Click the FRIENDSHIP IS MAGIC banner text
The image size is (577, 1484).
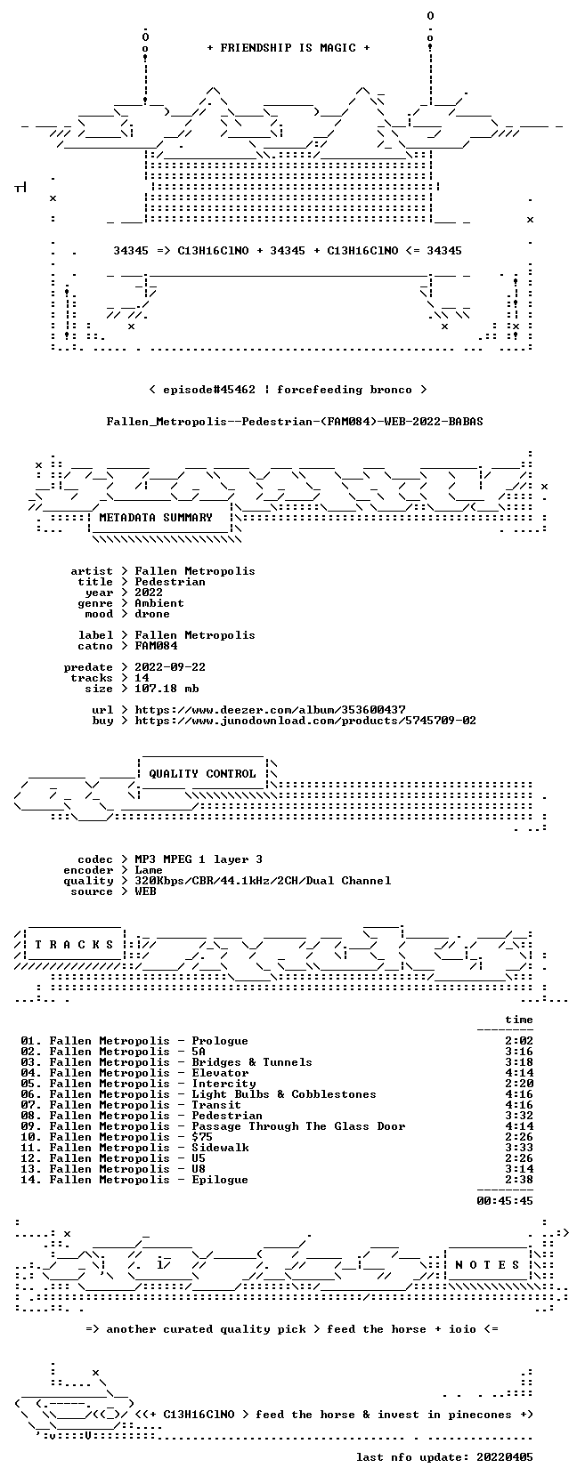288,48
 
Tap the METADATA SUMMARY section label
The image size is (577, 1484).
156,518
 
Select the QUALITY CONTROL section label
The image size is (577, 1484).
202,774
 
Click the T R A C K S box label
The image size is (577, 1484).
74,945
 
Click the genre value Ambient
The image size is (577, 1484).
159,603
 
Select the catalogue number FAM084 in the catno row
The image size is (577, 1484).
156,646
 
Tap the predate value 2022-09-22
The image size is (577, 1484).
170,667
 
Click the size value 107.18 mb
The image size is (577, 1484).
167,689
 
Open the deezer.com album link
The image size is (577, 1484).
270,710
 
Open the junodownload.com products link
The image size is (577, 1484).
305,721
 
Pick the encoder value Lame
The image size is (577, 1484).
149,870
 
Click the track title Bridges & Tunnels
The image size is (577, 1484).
252,1062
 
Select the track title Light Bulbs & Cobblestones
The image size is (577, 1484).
284,1094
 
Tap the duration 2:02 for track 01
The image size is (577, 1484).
518,1042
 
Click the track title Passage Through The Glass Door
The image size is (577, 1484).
298,1126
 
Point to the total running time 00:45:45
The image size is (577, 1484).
505,1200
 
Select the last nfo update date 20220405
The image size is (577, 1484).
505,1456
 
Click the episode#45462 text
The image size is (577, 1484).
209,390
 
